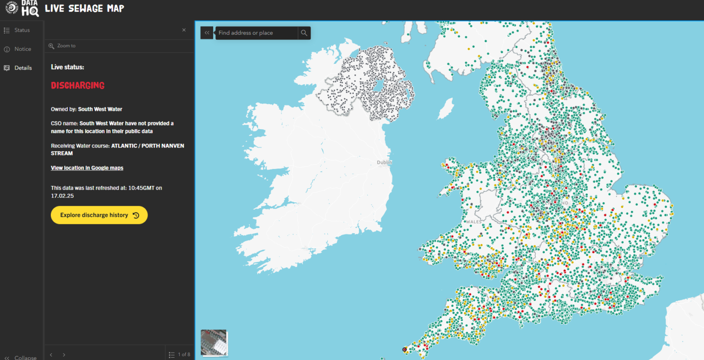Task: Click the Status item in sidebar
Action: (22, 30)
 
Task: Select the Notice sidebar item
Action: (22, 49)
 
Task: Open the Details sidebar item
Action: (23, 68)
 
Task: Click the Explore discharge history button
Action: (99, 215)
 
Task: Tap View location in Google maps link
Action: (87, 168)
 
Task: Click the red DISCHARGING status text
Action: (77, 86)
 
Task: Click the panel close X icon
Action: (184, 30)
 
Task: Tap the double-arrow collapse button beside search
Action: (207, 33)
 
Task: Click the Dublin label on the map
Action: (384, 163)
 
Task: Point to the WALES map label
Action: (473, 222)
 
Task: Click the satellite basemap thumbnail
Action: (214, 343)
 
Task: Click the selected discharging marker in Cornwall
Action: (404, 349)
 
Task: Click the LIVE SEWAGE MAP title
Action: (84, 8)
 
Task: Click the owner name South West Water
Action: (100, 109)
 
